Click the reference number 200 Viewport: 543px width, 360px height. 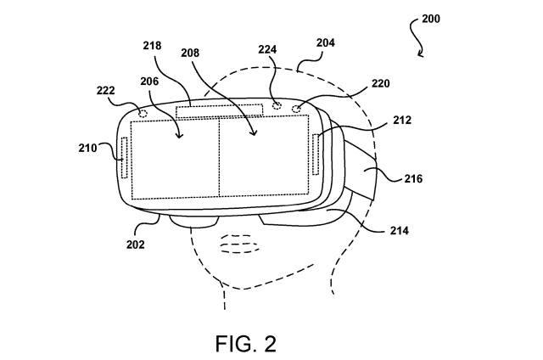(x=431, y=19)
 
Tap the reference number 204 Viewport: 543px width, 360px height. (x=325, y=42)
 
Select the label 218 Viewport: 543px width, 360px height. (x=152, y=45)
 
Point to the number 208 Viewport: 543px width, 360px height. (x=190, y=53)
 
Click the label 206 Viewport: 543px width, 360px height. (x=149, y=81)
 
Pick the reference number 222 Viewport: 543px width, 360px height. (x=105, y=91)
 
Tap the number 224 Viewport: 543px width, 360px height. (x=267, y=49)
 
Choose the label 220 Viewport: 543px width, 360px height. (x=381, y=83)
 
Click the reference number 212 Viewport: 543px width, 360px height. (x=402, y=121)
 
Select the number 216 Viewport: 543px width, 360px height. (x=413, y=179)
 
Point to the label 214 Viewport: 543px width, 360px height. (x=400, y=230)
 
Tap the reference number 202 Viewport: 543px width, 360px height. (x=135, y=245)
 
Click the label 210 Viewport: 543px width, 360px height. (x=87, y=148)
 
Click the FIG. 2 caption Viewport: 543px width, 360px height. (x=246, y=344)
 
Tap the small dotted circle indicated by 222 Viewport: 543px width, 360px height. (x=143, y=113)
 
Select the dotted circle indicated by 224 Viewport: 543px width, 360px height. (x=277, y=105)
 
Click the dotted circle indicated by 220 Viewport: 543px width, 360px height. (x=297, y=109)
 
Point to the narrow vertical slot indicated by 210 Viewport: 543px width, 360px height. (x=125, y=158)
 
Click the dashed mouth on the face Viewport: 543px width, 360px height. (x=239, y=244)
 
